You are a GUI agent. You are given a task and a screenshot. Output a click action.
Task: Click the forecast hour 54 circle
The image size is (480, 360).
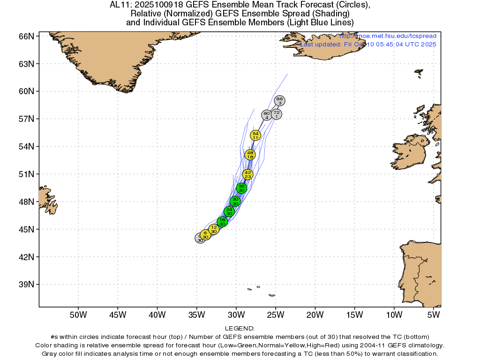(255, 135)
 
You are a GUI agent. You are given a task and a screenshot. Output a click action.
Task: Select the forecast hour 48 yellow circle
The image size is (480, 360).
(250, 155)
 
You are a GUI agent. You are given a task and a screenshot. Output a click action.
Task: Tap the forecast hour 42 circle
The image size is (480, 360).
(248, 174)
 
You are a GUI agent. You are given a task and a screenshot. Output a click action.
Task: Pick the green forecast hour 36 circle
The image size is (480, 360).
(241, 188)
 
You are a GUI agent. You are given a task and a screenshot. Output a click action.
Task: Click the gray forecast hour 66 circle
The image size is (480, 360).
(280, 101)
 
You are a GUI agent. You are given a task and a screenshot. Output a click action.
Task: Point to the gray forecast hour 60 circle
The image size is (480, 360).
(266, 115)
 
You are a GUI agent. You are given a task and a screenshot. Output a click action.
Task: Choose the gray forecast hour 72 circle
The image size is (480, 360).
(277, 114)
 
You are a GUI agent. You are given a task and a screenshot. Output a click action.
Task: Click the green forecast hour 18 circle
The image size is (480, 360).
(223, 221)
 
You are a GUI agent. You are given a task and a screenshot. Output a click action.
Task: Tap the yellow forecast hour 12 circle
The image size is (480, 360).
(214, 229)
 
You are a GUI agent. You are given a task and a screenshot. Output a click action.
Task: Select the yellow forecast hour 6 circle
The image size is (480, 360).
(205, 234)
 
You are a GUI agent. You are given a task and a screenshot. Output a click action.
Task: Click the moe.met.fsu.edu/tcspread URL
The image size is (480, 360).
(388, 36)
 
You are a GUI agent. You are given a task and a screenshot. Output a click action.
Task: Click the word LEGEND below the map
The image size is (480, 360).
(240, 329)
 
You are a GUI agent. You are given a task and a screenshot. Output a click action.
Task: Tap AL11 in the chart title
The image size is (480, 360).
(120, 5)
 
